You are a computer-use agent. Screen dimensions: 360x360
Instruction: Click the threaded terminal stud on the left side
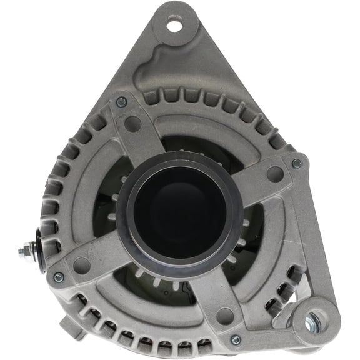26,251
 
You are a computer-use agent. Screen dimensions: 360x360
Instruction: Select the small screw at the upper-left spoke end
121,102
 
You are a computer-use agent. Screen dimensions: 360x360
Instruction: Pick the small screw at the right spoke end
296,163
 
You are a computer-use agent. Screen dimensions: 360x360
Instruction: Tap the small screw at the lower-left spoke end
59,277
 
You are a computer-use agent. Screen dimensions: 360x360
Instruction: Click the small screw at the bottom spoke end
236,339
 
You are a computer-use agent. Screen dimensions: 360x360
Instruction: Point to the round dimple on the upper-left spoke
132,123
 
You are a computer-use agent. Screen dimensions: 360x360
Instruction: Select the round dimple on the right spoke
274,174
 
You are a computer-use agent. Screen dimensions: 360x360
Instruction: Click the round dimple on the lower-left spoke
81,265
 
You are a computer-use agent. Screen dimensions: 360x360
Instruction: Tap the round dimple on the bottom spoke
224,316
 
